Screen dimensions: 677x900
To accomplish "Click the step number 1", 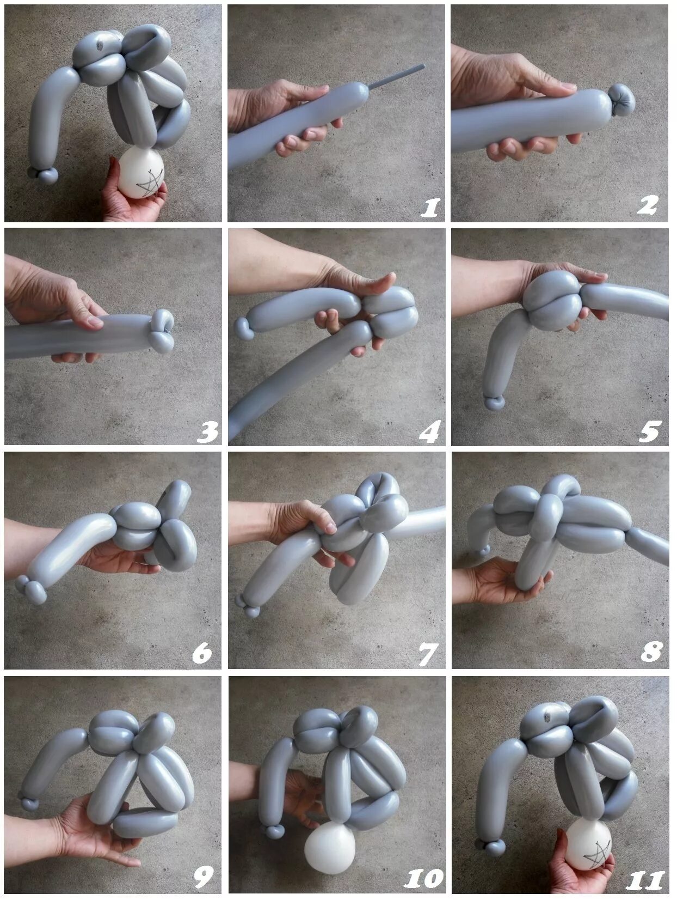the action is [x=430, y=208].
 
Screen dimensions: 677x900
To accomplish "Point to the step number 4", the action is [x=429, y=431].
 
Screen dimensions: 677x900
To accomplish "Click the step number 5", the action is [x=650, y=431].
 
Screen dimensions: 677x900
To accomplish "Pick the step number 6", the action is [x=202, y=653].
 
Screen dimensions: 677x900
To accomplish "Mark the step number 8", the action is [x=651, y=652].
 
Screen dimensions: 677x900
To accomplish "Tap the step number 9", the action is [x=204, y=877].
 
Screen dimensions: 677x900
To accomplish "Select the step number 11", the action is [x=645, y=878].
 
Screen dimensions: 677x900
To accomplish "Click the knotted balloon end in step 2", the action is [x=621, y=100].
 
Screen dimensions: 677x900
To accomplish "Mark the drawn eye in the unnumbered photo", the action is [x=100, y=46].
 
